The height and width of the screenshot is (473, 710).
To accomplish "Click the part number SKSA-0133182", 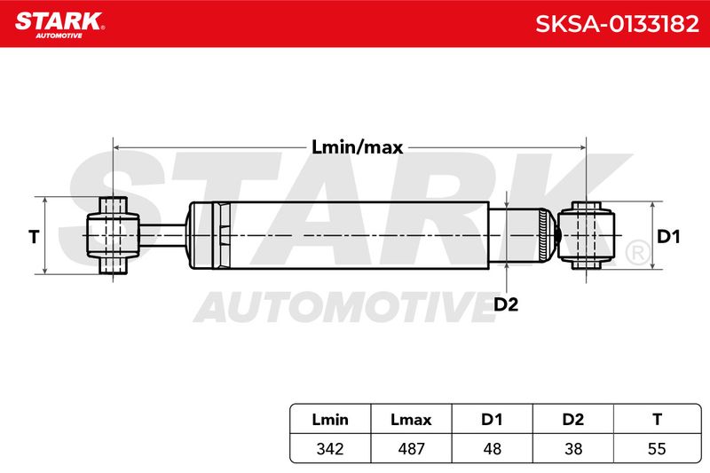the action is [x=617, y=24].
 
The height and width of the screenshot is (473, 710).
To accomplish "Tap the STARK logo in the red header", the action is [x=59, y=25].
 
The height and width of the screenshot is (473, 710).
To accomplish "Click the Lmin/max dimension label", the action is [x=358, y=147].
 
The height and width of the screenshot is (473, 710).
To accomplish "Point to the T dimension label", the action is [x=34, y=237].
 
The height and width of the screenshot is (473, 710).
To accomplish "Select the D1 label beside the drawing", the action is [x=668, y=237].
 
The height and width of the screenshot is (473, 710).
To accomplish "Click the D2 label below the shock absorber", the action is [x=505, y=304].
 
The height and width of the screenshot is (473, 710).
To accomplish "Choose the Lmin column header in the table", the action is [x=330, y=420].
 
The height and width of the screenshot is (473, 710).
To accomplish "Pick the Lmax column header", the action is [x=411, y=420].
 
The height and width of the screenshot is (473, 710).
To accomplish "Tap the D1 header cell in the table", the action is [x=492, y=420].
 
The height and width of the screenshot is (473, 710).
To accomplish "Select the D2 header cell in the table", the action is [x=572, y=420].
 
